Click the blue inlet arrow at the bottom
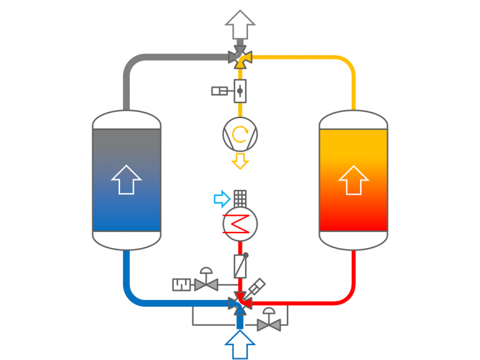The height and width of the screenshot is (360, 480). click(x=240, y=344)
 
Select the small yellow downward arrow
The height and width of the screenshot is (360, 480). click(x=240, y=162)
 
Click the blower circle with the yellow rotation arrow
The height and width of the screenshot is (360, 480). click(x=240, y=134)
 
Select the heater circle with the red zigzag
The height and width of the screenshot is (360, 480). click(x=240, y=224)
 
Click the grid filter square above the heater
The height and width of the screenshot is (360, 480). click(x=240, y=198)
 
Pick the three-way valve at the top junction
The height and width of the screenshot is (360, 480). click(x=240, y=57)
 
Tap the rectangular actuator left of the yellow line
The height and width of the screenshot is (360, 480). click(x=220, y=91)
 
